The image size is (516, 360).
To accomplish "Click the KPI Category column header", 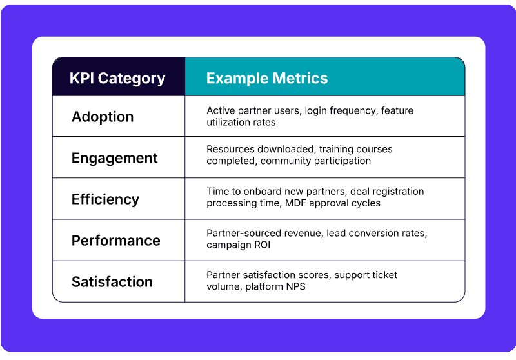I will [x=117, y=79].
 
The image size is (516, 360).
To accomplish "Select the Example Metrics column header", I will [x=267, y=79].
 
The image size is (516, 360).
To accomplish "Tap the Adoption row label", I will [x=103, y=117].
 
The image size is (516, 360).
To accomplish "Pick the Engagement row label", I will [x=115, y=158].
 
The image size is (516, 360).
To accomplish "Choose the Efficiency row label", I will [x=105, y=199].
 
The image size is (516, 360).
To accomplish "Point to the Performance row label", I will [x=116, y=241].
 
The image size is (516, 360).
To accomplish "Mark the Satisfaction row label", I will [x=112, y=282].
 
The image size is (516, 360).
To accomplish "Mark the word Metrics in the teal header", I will [x=299, y=79].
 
